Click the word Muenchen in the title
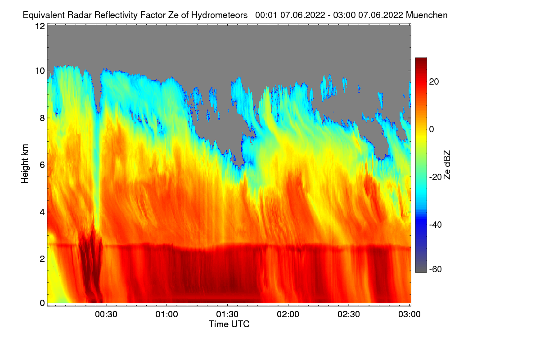tap(427, 15)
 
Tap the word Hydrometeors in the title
tap(220, 15)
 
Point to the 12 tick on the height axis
tap(40, 26)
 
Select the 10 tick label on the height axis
tap(40, 71)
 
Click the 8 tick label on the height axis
tap(42, 118)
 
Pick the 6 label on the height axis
tap(42, 165)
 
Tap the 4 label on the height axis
tap(42, 212)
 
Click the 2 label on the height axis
tap(42, 259)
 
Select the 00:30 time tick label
tap(106, 314)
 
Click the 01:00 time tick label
tap(166, 314)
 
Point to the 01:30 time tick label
tap(227, 314)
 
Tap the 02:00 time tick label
tap(288, 314)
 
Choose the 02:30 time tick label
tap(349, 314)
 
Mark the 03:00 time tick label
tap(409, 314)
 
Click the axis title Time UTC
tap(229, 324)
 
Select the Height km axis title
tap(25, 164)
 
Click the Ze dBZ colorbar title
tap(447, 165)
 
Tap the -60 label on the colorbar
tap(436, 269)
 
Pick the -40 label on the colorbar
tap(436, 225)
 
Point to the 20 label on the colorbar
tap(434, 82)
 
